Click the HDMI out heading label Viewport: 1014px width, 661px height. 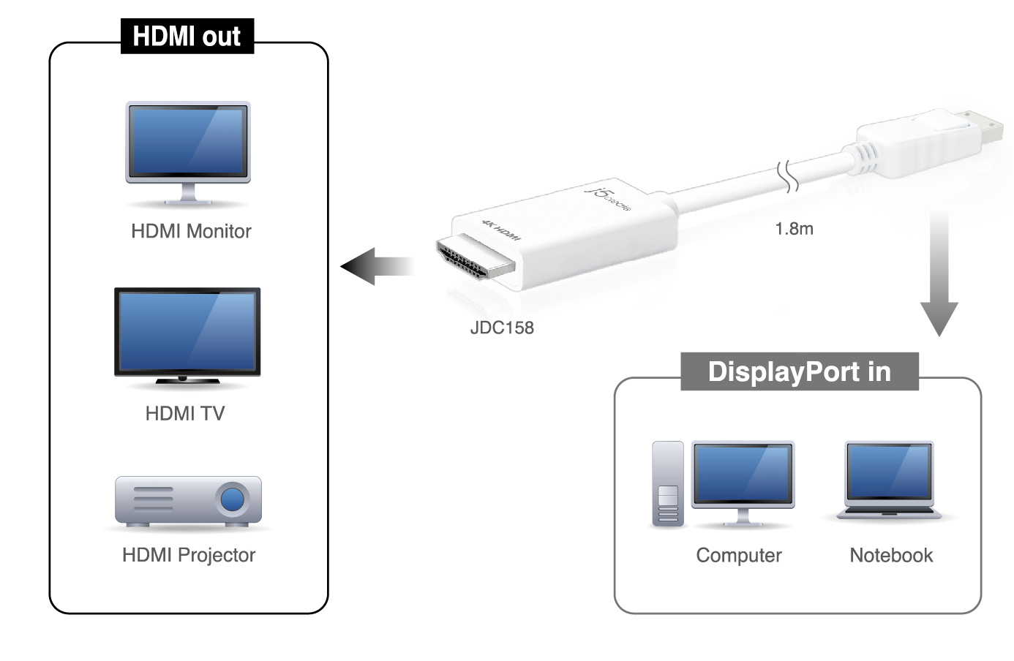tap(187, 37)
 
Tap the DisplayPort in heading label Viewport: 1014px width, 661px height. tap(800, 371)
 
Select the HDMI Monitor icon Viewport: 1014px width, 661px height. tap(188, 153)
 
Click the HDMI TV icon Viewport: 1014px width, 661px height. tap(187, 336)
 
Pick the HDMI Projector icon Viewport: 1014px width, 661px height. tap(188, 502)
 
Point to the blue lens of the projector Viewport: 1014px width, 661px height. tap(232, 499)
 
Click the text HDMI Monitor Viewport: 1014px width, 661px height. tap(191, 231)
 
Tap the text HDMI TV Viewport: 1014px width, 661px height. tap(184, 413)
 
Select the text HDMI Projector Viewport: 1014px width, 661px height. tap(188, 555)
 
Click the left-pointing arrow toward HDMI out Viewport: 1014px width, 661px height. tap(377, 266)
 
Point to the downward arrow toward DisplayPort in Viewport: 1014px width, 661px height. tap(939, 273)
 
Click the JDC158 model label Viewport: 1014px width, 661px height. tap(502, 328)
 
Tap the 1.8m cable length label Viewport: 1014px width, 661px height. tap(794, 229)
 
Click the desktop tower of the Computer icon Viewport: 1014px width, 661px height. tap(668, 483)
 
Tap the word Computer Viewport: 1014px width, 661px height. tap(739, 555)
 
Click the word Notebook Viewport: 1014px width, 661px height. tap(891, 555)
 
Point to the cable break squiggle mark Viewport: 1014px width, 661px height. tap(788, 176)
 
